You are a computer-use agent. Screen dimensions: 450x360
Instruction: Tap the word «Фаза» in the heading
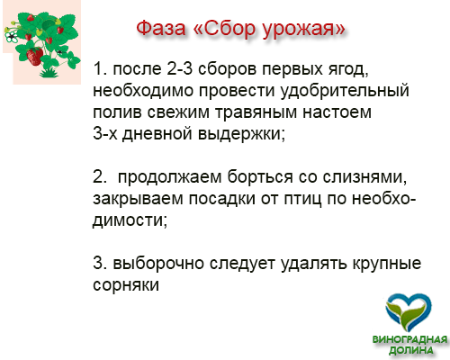tap(161, 29)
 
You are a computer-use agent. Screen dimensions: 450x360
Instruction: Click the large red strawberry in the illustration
tap(34, 57)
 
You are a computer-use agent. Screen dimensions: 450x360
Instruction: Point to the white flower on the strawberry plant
tap(11, 37)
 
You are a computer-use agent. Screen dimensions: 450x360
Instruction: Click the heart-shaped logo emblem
tap(409, 312)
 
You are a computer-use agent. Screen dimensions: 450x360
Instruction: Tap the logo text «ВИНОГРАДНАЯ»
tap(409, 340)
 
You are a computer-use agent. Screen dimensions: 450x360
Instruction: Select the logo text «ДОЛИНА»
tap(411, 350)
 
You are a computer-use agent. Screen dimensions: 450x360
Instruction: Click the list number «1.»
tap(100, 68)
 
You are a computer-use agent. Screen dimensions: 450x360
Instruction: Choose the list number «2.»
tap(100, 176)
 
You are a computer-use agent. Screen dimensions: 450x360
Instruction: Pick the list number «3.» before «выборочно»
tap(100, 263)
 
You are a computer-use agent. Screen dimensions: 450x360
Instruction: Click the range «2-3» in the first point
tap(179, 68)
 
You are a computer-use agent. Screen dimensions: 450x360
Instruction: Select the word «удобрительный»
tap(345, 91)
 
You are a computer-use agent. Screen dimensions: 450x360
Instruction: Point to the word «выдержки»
tap(241, 134)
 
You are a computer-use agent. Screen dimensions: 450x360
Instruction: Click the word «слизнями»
tap(364, 177)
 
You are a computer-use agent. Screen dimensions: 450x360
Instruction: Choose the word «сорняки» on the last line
tap(126, 285)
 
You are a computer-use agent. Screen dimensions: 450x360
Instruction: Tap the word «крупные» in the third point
tap(387, 264)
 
